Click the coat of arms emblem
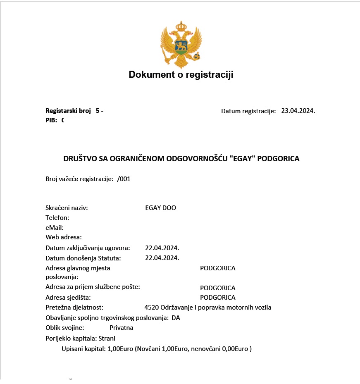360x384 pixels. [x=181, y=44]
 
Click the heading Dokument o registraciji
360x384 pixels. [x=181, y=75]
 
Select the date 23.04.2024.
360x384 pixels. [x=298, y=111]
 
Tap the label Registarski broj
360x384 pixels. [x=68, y=111]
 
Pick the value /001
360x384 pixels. [x=124, y=179]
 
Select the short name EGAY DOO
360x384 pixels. [x=160, y=208]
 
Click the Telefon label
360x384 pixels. [x=57, y=217]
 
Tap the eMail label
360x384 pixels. [x=55, y=227]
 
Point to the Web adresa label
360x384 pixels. [x=64, y=237]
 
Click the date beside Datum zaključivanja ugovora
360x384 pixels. [x=162, y=248]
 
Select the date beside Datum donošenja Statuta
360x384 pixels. [x=162, y=258]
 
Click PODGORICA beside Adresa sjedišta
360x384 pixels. [x=217, y=298]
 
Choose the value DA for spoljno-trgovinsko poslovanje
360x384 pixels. [x=176, y=318]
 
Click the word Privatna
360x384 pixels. [x=121, y=328]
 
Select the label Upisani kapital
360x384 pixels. [x=83, y=349]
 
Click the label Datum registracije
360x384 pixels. [x=248, y=111]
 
